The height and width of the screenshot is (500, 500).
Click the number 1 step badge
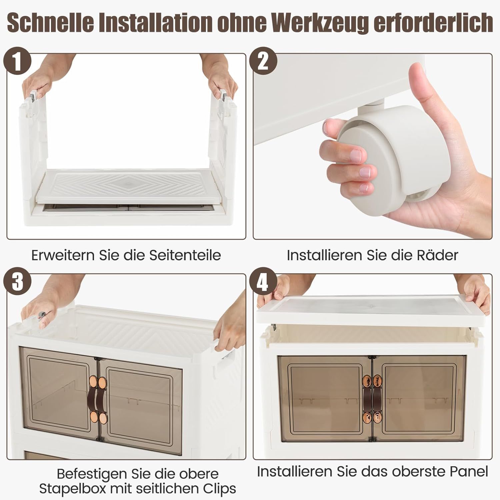pyautogui.click(x=17, y=61)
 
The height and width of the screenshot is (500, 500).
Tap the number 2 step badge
pyautogui.click(x=263, y=61)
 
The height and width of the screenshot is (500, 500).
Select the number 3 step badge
pyautogui.click(x=17, y=282)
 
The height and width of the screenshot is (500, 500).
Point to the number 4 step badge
pyautogui.click(x=263, y=282)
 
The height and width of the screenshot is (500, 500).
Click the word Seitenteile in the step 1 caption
pyautogui.click(x=185, y=255)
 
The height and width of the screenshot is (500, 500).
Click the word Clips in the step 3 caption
pyautogui.click(x=218, y=489)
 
